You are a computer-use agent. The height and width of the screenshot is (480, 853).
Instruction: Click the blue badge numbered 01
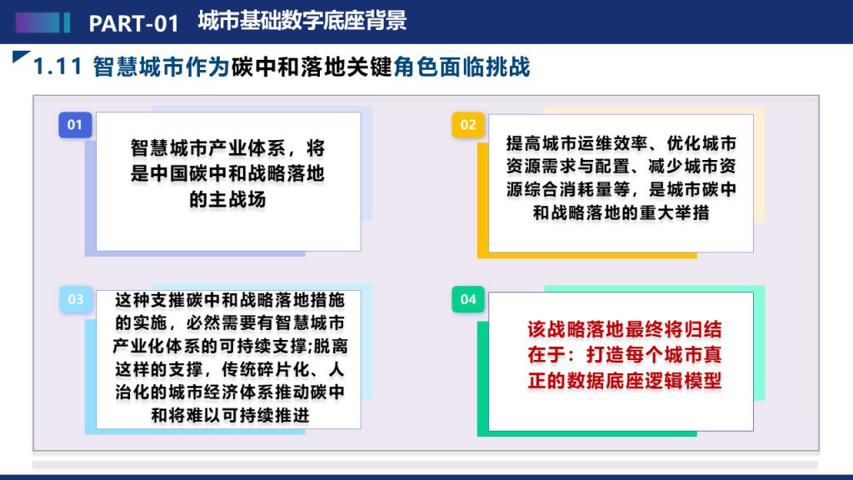pos(75,125)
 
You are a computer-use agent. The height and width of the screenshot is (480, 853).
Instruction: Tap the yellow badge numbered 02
pos(468,125)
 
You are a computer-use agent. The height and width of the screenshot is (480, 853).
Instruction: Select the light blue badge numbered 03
pos(76,299)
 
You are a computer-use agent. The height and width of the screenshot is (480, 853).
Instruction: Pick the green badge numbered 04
pos(468,299)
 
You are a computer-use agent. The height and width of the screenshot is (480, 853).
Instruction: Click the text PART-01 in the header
pos(134,23)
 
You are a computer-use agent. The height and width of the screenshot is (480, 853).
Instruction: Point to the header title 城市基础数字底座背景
pos(302,21)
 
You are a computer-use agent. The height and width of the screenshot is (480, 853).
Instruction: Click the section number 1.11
pos(57,67)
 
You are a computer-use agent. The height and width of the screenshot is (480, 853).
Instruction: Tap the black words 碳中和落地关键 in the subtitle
pos(312,67)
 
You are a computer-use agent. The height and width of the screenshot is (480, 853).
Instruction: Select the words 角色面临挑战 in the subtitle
pos(461,67)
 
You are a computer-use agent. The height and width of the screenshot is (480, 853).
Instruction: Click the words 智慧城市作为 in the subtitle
pos(161,67)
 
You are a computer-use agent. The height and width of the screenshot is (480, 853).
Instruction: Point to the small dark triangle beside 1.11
pos(20,56)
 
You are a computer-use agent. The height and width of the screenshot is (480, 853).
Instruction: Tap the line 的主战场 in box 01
pos(227,200)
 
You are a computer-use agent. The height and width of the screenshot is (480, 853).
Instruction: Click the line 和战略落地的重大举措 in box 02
pos(621,212)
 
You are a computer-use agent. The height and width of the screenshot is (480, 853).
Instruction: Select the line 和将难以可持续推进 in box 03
pos(230,415)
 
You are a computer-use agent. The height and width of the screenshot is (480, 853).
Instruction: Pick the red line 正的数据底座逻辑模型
pos(624,380)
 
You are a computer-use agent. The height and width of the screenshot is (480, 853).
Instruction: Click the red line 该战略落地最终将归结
pos(624,329)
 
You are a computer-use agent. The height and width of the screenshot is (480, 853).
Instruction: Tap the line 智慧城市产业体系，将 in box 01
pos(227,148)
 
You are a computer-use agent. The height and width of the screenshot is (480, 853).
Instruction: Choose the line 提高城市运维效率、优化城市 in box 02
pos(621,143)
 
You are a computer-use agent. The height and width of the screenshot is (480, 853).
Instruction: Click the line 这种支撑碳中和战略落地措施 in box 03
pos(230,300)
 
